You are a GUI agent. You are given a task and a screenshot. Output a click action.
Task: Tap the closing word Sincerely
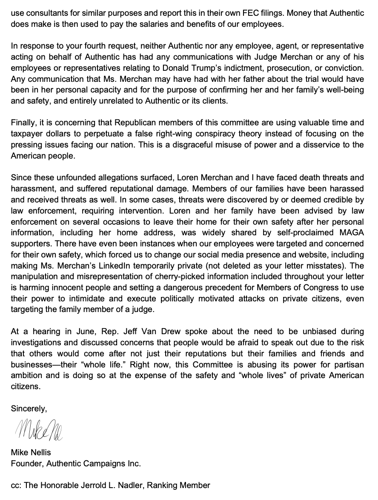[x=29, y=408]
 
